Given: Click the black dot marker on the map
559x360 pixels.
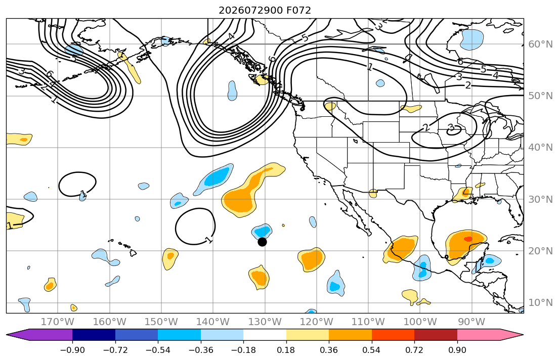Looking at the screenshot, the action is point(262,242).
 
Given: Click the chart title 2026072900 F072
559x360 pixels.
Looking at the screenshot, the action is point(265,10).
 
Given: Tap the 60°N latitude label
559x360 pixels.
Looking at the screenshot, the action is point(540,44).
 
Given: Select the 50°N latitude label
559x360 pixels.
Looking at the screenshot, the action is point(540,96).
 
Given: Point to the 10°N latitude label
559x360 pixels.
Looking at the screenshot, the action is point(540,303).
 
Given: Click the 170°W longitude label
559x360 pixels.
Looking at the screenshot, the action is point(58,322).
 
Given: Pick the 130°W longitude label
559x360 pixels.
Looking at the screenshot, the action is point(265,322).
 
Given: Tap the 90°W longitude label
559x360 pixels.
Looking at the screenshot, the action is point(471,322).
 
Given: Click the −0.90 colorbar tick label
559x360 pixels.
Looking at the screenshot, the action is point(72,350).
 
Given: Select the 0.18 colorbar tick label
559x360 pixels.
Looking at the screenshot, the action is point(286,350).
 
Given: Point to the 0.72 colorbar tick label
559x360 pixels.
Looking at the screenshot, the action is point(414,350).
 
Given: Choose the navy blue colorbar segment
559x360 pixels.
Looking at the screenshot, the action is point(94,335).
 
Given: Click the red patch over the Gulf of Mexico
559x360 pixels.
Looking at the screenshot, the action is point(468,239).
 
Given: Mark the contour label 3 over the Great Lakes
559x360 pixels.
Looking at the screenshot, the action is point(451,127).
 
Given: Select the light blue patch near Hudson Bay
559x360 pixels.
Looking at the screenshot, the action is point(471,39).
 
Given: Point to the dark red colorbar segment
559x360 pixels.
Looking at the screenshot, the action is point(436,335).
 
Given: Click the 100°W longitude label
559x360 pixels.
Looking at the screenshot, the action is point(420,322).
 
